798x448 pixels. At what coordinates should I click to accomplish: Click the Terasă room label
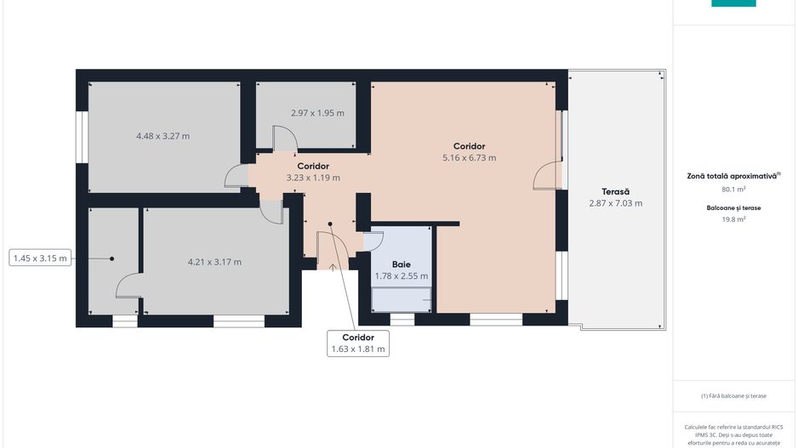point(615,192)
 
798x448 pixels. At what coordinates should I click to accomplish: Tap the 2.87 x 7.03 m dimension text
point(615,203)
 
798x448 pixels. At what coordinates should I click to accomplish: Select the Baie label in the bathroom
point(401,264)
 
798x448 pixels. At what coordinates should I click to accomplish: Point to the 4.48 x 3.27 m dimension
point(162,136)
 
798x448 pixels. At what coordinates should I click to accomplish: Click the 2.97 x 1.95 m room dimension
point(317,113)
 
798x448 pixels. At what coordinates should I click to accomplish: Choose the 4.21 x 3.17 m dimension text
point(214,263)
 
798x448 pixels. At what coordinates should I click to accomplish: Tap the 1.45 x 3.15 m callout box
point(40,258)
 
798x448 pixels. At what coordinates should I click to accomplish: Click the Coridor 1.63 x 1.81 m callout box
point(358,343)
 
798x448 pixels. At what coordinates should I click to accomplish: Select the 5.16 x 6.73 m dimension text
point(470,158)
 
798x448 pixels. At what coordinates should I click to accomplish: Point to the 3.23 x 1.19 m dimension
point(313,178)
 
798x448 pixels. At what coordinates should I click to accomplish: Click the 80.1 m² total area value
point(733,190)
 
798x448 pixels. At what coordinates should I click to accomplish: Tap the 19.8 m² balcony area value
point(733,219)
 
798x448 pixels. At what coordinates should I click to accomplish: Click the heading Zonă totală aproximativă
point(733,176)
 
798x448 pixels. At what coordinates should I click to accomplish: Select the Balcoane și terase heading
point(733,208)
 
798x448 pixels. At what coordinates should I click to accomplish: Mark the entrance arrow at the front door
point(333,268)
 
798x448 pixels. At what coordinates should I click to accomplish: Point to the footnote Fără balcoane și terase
point(733,395)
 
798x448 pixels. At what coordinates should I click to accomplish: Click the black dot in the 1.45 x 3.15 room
point(112,258)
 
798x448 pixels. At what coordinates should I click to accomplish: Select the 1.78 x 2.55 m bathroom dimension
point(401,276)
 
